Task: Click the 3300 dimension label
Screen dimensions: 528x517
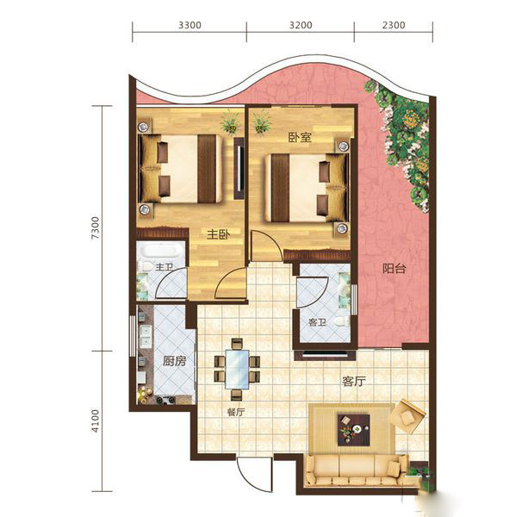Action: click(189, 25)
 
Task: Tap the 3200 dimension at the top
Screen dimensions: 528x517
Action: click(301, 25)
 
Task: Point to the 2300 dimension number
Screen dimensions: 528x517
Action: click(394, 25)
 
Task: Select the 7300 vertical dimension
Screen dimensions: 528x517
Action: click(96, 228)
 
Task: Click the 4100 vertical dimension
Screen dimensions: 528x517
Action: click(96, 421)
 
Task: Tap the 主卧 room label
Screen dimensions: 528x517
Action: click(219, 234)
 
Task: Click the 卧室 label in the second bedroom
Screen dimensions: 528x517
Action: click(300, 137)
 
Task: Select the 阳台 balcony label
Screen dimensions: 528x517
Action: click(394, 269)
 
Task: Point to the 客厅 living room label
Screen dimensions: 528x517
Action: click(354, 382)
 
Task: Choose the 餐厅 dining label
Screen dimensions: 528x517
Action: click(236, 412)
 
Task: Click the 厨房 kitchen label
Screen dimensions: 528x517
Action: click(175, 361)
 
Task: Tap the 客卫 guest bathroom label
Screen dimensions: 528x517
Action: click(318, 322)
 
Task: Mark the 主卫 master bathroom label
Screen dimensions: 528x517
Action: click(164, 267)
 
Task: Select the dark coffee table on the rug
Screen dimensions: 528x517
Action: click(353, 430)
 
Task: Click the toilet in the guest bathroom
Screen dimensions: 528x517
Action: click(342, 321)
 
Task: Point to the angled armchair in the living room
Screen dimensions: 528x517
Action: click(407, 417)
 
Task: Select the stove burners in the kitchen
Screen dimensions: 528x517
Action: click(165, 400)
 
